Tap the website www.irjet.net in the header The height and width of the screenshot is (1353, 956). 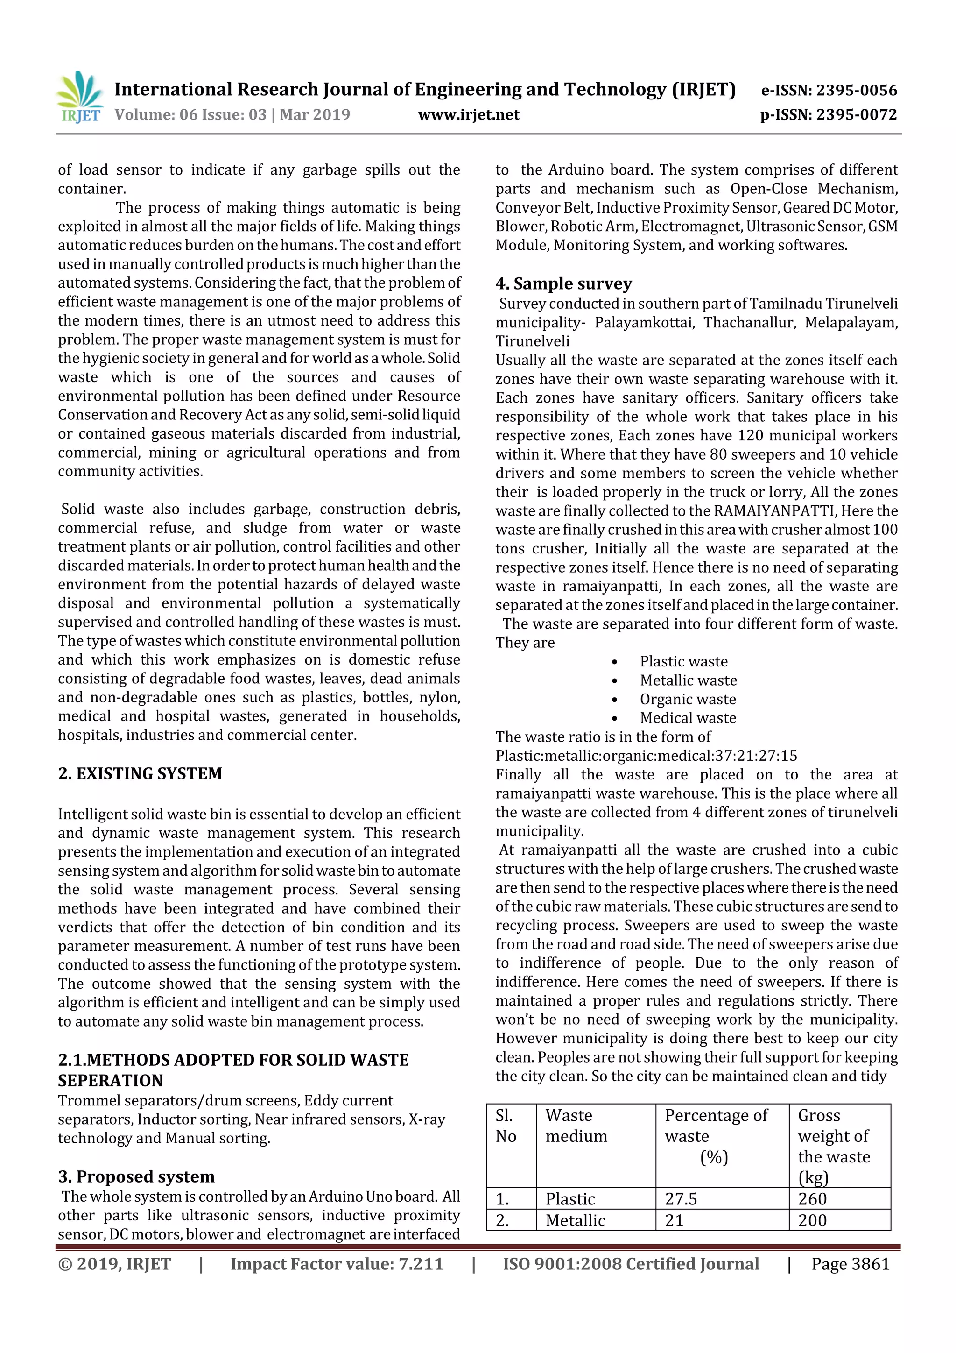pyautogui.click(x=468, y=114)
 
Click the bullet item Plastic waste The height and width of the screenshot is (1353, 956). pyautogui.click(x=683, y=661)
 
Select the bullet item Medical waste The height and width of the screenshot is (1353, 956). pyautogui.click(x=688, y=718)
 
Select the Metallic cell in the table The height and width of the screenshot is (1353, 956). pyautogui.click(x=575, y=1220)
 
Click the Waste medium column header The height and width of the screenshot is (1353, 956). pyautogui.click(x=576, y=1126)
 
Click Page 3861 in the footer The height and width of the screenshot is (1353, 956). pyautogui.click(x=850, y=1263)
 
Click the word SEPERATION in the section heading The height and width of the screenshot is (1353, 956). pyautogui.click(x=110, y=1080)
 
